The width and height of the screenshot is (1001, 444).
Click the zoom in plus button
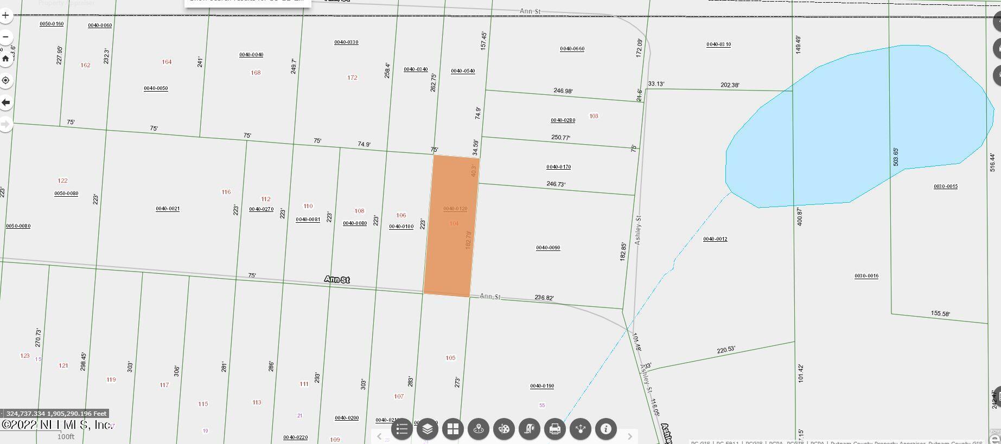pos(5,15)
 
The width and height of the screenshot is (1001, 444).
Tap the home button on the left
pos(5,59)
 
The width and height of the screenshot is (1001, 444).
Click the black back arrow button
pos(5,102)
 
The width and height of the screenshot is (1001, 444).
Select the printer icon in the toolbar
pos(554,429)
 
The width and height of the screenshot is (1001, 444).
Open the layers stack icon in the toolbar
pos(427,429)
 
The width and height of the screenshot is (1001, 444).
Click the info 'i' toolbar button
pos(605,429)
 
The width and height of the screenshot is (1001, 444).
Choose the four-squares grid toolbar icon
pos(452,429)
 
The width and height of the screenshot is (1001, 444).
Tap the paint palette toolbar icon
pos(503,429)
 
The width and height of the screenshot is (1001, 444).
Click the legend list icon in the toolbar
pos(401,429)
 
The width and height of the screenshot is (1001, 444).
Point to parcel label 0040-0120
pos(455,209)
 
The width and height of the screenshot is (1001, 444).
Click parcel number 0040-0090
pos(548,248)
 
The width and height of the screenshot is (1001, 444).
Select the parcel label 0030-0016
pos(866,276)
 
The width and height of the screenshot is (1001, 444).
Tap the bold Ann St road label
pos(337,279)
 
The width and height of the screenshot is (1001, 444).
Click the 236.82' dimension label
pos(544,298)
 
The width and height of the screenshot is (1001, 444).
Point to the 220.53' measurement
pos(725,350)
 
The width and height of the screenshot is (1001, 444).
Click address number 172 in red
pos(352,78)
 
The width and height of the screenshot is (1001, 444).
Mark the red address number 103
pos(594,116)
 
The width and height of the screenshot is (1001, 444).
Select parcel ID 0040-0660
pos(572,49)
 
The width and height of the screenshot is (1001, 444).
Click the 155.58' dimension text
pos(940,314)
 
